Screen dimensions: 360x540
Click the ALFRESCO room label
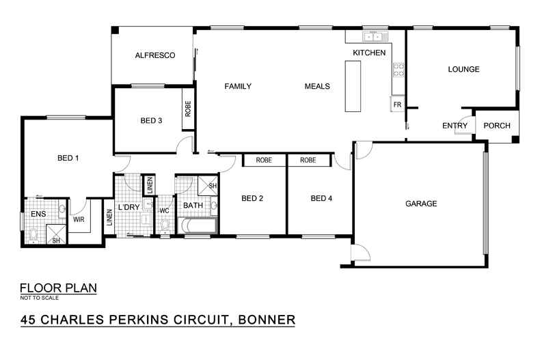tap(155, 55)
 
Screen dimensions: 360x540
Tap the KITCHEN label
tap(369, 53)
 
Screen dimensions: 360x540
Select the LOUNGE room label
tap(463, 69)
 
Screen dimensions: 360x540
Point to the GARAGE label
tap(420, 204)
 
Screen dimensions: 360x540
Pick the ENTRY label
tap(455, 126)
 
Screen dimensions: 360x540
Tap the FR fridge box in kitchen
tap(396, 105)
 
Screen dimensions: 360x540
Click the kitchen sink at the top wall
tap(375, 36)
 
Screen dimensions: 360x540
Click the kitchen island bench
tap(353, 86)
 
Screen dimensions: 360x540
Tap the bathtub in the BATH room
tap(198, 226)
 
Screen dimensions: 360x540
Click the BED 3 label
tap(151, 121)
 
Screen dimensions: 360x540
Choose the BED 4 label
tap(321, 199)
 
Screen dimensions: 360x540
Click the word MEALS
tap(317, 87)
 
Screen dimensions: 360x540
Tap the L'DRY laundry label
tap(129, 207)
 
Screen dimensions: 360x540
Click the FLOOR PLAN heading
tap(58, 288)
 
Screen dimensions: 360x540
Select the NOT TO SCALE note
tap(39, 298)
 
